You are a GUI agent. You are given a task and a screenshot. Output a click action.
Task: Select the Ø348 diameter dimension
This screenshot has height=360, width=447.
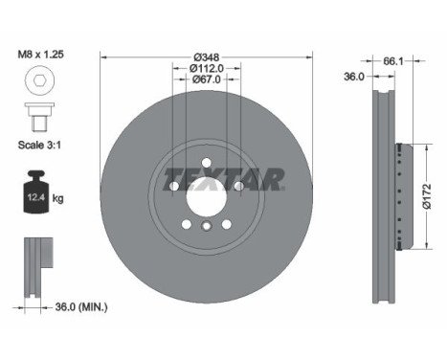tap(199, 55)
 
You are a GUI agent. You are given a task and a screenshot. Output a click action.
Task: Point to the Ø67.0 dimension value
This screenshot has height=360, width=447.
tap(199, 79)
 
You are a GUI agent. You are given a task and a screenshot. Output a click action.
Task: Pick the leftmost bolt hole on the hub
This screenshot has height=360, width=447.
tap(173, 186)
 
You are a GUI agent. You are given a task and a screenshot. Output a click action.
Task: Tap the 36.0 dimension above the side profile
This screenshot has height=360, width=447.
tap(354, 76)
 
